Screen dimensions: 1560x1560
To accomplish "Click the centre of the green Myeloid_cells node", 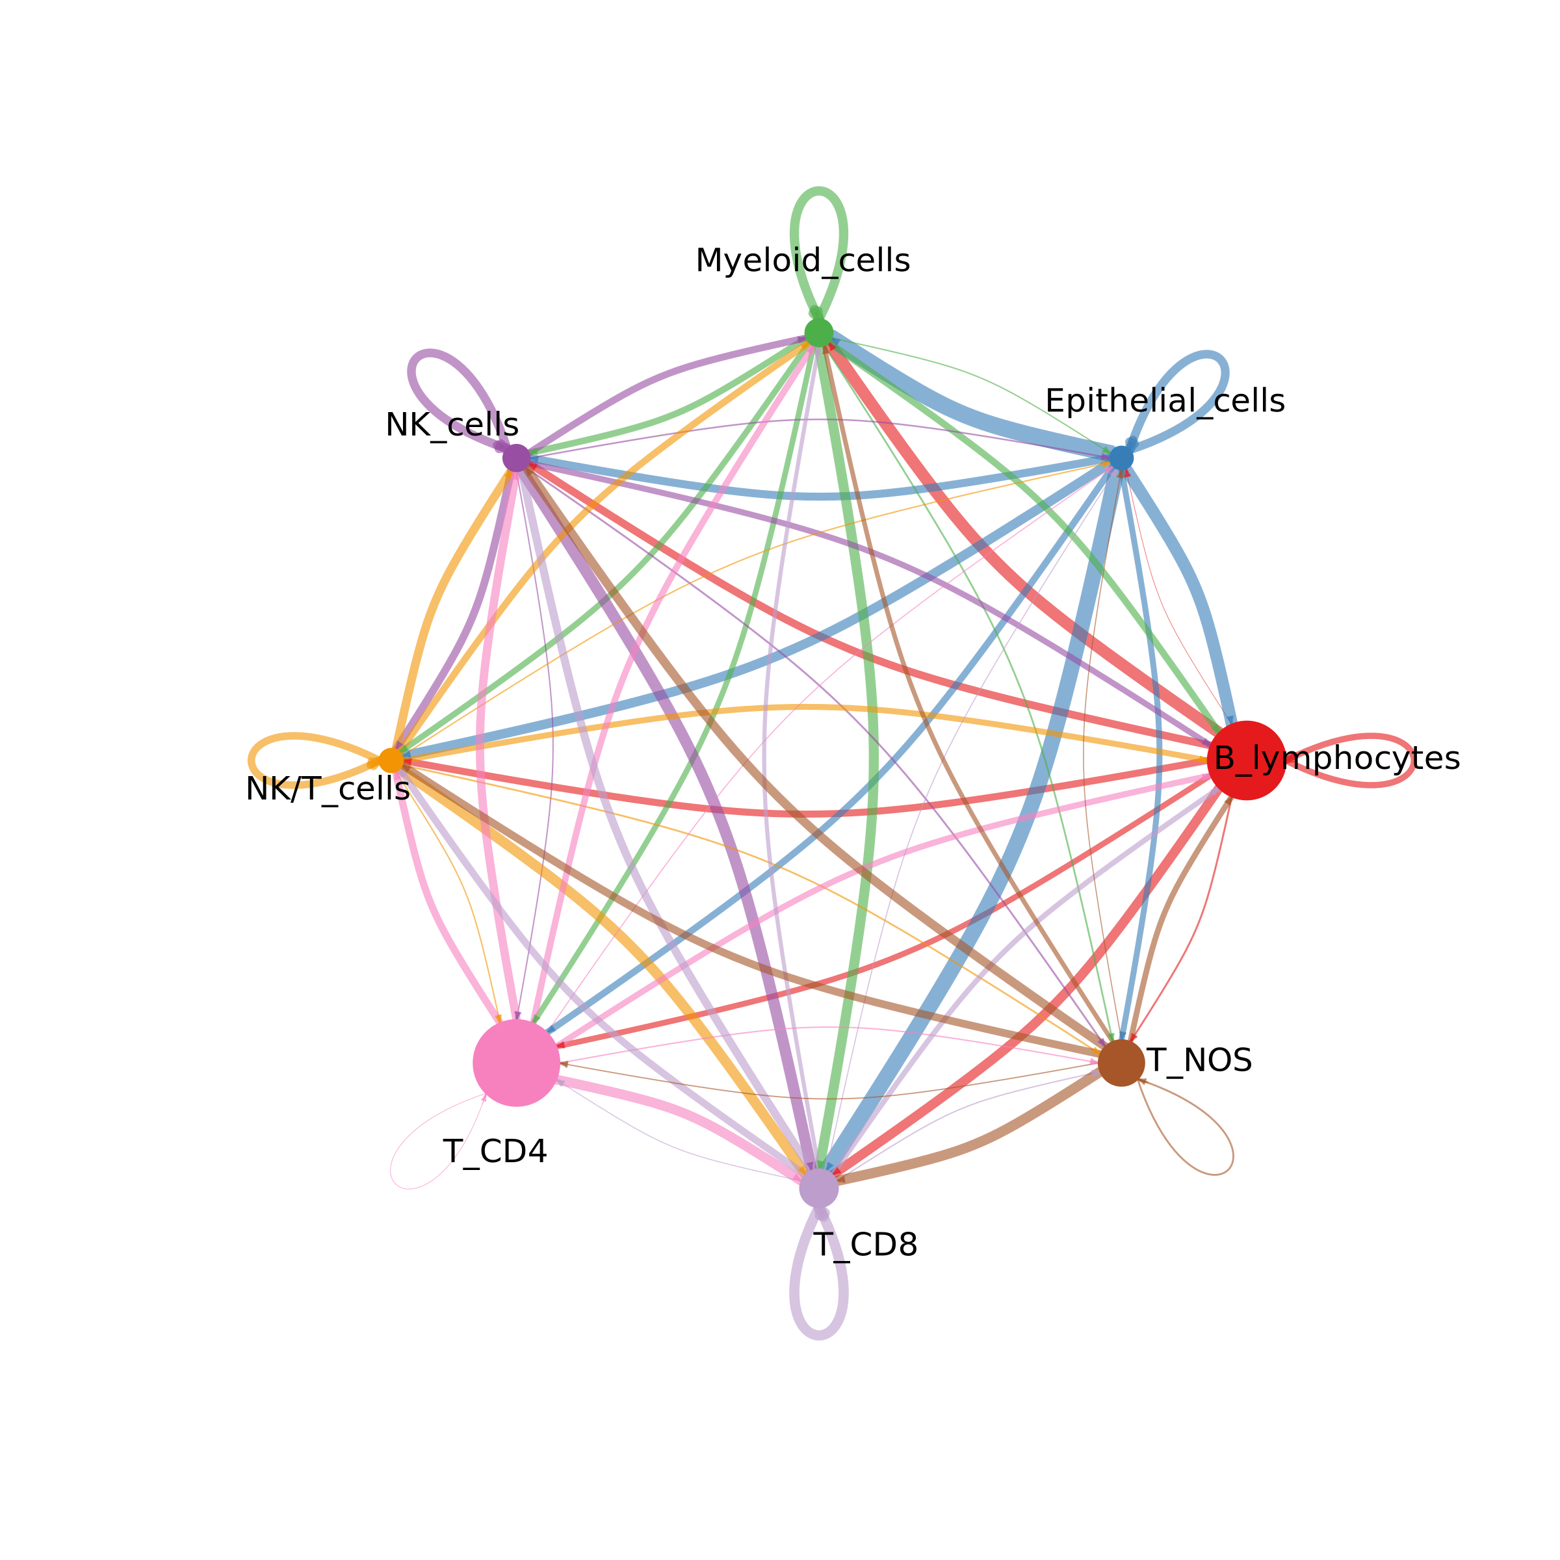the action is coord(819,332).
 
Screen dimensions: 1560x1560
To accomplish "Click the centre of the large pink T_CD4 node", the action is coord(516,1063).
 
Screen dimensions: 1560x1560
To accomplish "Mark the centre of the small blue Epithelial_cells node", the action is coord(1121,458).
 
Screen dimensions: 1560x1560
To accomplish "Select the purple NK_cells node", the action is coord(516,458).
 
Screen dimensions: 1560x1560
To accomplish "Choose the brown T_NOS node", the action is coord(1121,1063).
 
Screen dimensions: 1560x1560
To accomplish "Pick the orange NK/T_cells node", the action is coord(391,760).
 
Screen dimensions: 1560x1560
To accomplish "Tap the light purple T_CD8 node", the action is coord(819,1188).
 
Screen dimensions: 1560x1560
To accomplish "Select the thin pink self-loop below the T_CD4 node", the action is coord(432,1147).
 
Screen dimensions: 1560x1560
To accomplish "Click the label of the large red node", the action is coord(1337,759).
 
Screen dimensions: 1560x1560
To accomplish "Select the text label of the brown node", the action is coord(1199,1060).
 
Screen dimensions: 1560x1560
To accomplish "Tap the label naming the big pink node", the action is coord(495,1151).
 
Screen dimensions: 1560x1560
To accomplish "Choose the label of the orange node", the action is coord(327,789).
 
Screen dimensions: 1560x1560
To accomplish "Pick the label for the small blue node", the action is coord(1164,400).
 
